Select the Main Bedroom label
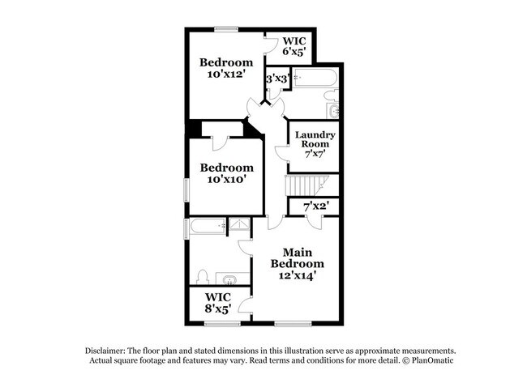click(x=298, y=264)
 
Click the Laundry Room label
click(x=315, y=143)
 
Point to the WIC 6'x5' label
click(x=293, y=45)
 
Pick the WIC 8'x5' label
click(x=219, y=302)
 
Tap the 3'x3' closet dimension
click(x=278, y=79)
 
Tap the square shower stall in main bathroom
click(x=240, y=228)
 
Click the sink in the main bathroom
click(x=231, y=280)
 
